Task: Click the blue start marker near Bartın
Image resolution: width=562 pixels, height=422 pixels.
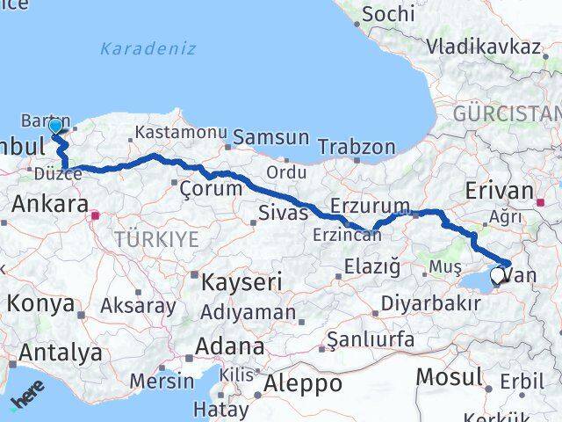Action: pyautogui.click(x=55, y=127)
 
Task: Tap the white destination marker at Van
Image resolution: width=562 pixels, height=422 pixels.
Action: pyautogui.click(x=498, y=276)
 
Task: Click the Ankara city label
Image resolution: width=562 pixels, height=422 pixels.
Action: pyautogui.click(x=49, y=205)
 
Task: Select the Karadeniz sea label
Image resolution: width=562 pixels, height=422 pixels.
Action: pyautogui.click(x=148, y=48)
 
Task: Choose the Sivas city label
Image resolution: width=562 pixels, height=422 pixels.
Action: pyautogui.click(x=283, y=212)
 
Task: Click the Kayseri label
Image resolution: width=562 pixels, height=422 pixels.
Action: pyautogui.click(x=241, y=282)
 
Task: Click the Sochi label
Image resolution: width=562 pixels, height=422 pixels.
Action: pyautogui.click(x=387, y=13)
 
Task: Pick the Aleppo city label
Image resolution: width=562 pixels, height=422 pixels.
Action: pyautogui.click(x=302, y=383)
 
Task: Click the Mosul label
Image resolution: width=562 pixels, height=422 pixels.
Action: pyautogui.click(x=450, y=377)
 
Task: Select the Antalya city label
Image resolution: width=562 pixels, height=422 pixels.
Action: pyautogui.click(x=60, y=353)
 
